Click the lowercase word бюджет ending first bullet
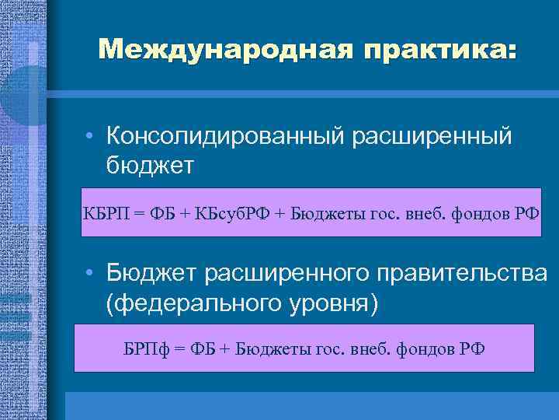(150, 165)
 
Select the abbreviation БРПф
(144, 348)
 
